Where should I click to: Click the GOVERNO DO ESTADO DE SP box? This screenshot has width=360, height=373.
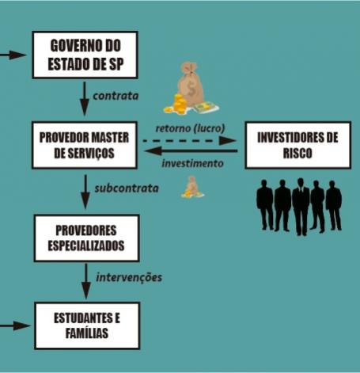click(85, 55)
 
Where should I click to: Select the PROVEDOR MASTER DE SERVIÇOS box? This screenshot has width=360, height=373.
click(85, 145)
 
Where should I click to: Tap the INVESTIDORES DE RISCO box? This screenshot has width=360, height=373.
click(297, 145)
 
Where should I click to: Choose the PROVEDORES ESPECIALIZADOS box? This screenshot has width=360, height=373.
click(86, 238)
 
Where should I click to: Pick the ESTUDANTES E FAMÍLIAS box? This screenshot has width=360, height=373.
click(87, 325)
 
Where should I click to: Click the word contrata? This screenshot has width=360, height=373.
click(116, 96)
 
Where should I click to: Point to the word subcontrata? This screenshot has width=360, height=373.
click(127, 188)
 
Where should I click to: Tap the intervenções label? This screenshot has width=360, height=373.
click(129, 277)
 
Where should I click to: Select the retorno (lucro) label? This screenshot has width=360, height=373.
click(190, 128)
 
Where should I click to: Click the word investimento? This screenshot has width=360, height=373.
click(192, 163)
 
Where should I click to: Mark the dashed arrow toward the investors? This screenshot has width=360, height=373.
click(189, 141)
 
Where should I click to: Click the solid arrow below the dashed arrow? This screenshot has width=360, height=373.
click(191, 151)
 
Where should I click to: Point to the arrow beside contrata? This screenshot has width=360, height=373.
click(85, 98)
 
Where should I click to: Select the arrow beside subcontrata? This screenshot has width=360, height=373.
click(85, 192)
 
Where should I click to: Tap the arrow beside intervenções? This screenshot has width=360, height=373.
click(86, 281)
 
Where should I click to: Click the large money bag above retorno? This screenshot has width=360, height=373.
click(191, 88)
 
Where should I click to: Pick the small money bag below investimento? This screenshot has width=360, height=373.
click(192, 187)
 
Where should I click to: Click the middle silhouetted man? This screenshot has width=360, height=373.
click(301, 207)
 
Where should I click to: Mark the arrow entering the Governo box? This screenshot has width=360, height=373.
click(13, 55)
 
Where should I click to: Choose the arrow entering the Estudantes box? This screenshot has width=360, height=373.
click(14, 325)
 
